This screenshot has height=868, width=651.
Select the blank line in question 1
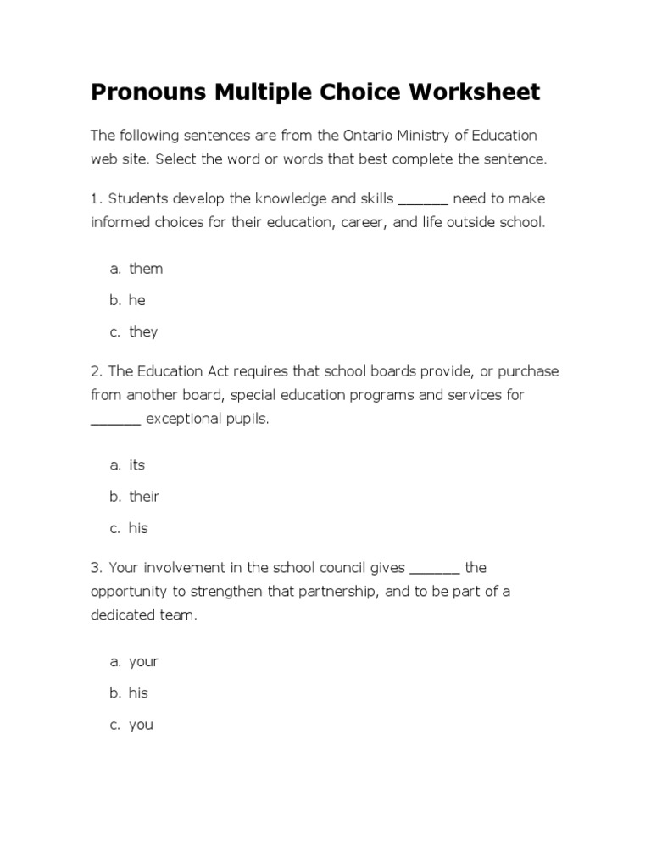[x=423, y=200]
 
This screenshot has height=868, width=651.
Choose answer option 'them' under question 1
[x=146, y=269]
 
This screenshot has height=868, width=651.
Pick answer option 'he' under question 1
[x=137, y=300]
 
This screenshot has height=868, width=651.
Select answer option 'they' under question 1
[x=143, y=332]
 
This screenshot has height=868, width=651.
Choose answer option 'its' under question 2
[x=137, y=465]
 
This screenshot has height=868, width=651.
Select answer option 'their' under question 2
[x=144, y=497]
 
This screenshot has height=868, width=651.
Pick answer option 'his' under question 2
[x=138, y=528]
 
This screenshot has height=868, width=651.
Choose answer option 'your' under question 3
[x=143, y=661]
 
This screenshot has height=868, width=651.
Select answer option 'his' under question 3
[x=138, y=693]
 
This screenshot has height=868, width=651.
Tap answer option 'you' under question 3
[x=141, y=726]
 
